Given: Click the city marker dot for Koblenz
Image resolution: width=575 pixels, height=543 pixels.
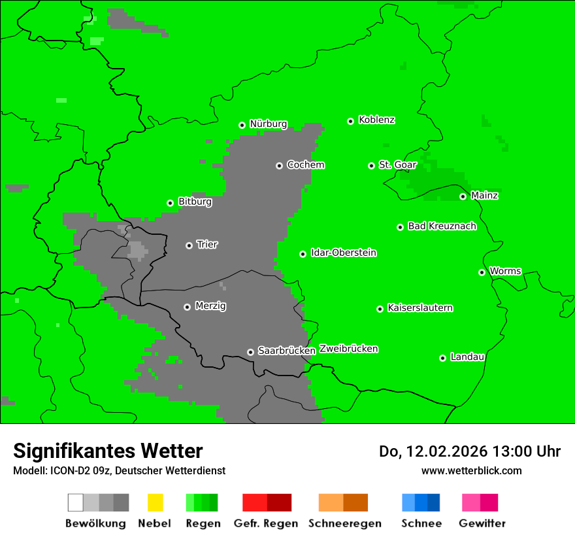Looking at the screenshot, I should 351,121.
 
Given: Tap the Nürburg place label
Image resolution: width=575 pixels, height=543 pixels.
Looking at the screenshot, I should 269,124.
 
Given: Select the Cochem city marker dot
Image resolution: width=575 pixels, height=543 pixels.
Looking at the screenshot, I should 279,166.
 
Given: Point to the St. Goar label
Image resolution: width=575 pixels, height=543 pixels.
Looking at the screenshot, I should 398,165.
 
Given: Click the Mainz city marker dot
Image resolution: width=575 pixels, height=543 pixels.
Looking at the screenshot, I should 463,196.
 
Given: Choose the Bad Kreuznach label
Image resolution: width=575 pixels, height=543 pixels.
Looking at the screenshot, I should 442,226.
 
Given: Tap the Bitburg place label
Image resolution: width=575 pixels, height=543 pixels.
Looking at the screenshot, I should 195,202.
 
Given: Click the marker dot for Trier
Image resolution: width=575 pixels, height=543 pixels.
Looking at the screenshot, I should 189,245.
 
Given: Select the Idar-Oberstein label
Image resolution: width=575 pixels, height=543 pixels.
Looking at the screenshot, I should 344,253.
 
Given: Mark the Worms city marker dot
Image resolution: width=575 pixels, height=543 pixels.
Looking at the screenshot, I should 482,272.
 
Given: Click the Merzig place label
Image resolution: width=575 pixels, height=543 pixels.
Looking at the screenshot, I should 210,306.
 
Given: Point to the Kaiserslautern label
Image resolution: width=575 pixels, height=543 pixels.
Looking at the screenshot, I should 420,308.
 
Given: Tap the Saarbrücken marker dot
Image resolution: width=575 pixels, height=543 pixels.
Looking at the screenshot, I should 250,352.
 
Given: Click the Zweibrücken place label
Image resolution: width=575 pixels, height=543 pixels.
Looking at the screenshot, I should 349,349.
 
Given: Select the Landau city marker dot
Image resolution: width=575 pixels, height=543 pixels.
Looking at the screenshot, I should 442,358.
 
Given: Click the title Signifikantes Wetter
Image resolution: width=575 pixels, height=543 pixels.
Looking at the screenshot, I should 108,451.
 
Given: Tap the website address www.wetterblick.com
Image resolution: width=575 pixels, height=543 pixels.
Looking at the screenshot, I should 471,470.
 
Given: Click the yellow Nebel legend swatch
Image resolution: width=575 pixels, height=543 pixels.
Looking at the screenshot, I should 155,502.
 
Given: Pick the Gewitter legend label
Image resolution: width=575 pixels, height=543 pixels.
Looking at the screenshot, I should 482,523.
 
